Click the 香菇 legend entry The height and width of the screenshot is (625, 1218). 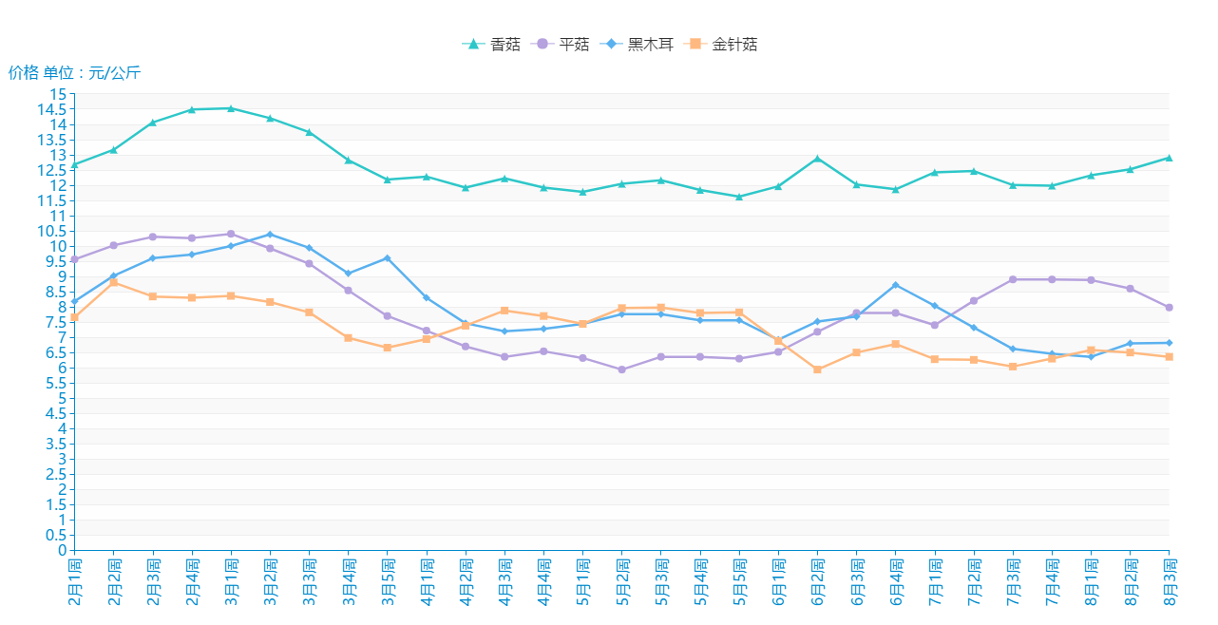tap(492, 44)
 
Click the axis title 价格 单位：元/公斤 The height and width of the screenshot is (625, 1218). tap(74, 72)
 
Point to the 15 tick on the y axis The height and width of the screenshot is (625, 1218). tap(59, 94)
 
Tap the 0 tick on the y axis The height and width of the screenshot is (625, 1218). tap(63, 550)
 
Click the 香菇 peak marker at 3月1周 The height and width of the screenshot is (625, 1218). tap(231, 108)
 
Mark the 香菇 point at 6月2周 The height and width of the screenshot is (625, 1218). tap(817, 159)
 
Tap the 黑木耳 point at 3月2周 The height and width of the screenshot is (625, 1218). tap(270, 235)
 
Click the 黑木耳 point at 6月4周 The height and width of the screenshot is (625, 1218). tap(896, 285)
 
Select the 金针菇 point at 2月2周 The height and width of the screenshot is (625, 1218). tap(114, 282)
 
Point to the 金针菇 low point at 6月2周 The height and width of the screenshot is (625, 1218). tap(817, 369)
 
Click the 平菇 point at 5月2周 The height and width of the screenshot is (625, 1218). tap(621, 369)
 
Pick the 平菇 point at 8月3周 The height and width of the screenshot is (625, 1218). tap(1169, 307)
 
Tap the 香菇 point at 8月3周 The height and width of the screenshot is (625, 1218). tap(1169, 158)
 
